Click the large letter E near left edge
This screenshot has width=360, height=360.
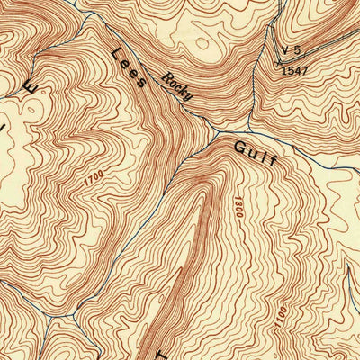[x=30, y=89]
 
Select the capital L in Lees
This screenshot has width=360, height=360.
[x=113, y=55]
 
